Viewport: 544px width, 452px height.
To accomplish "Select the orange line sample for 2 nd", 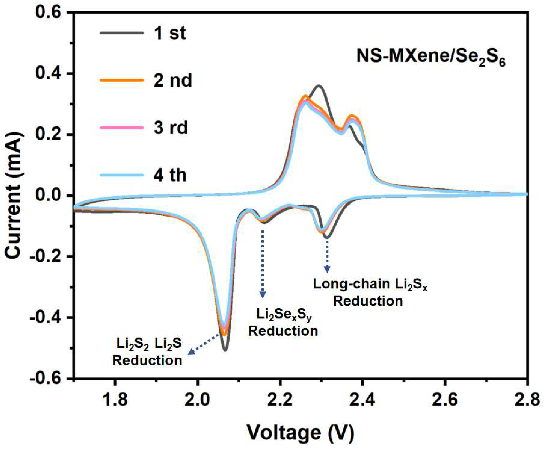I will tap(122, 80).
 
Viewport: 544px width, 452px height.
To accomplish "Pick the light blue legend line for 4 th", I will tap(122, 175).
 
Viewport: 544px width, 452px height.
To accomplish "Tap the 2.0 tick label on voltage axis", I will tap(198, 400).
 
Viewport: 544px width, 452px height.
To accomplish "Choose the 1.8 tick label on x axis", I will tap(115, 400).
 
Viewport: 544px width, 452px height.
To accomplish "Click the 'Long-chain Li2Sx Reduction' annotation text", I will tap(370, 292).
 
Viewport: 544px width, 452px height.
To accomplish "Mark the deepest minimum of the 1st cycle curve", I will tap(225, 351).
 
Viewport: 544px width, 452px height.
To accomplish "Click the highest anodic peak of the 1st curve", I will tap(319, 85).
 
